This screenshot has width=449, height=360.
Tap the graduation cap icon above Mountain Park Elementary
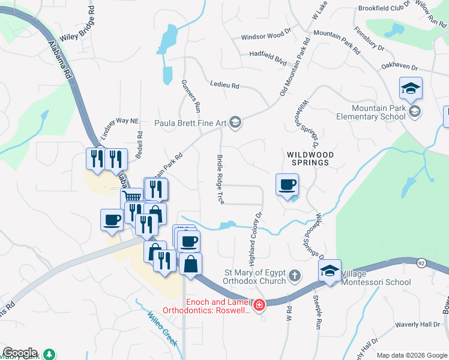411,89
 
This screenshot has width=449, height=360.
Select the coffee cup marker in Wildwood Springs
288,185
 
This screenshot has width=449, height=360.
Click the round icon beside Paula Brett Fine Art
235,123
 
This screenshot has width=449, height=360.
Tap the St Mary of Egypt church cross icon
294,275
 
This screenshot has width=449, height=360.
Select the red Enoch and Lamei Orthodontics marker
259,305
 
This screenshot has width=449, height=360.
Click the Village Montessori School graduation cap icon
330,271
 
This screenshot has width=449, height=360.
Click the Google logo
19,353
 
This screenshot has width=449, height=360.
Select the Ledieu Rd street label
224,86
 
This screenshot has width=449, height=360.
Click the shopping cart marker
132,197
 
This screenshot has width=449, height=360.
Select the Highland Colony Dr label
255,239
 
